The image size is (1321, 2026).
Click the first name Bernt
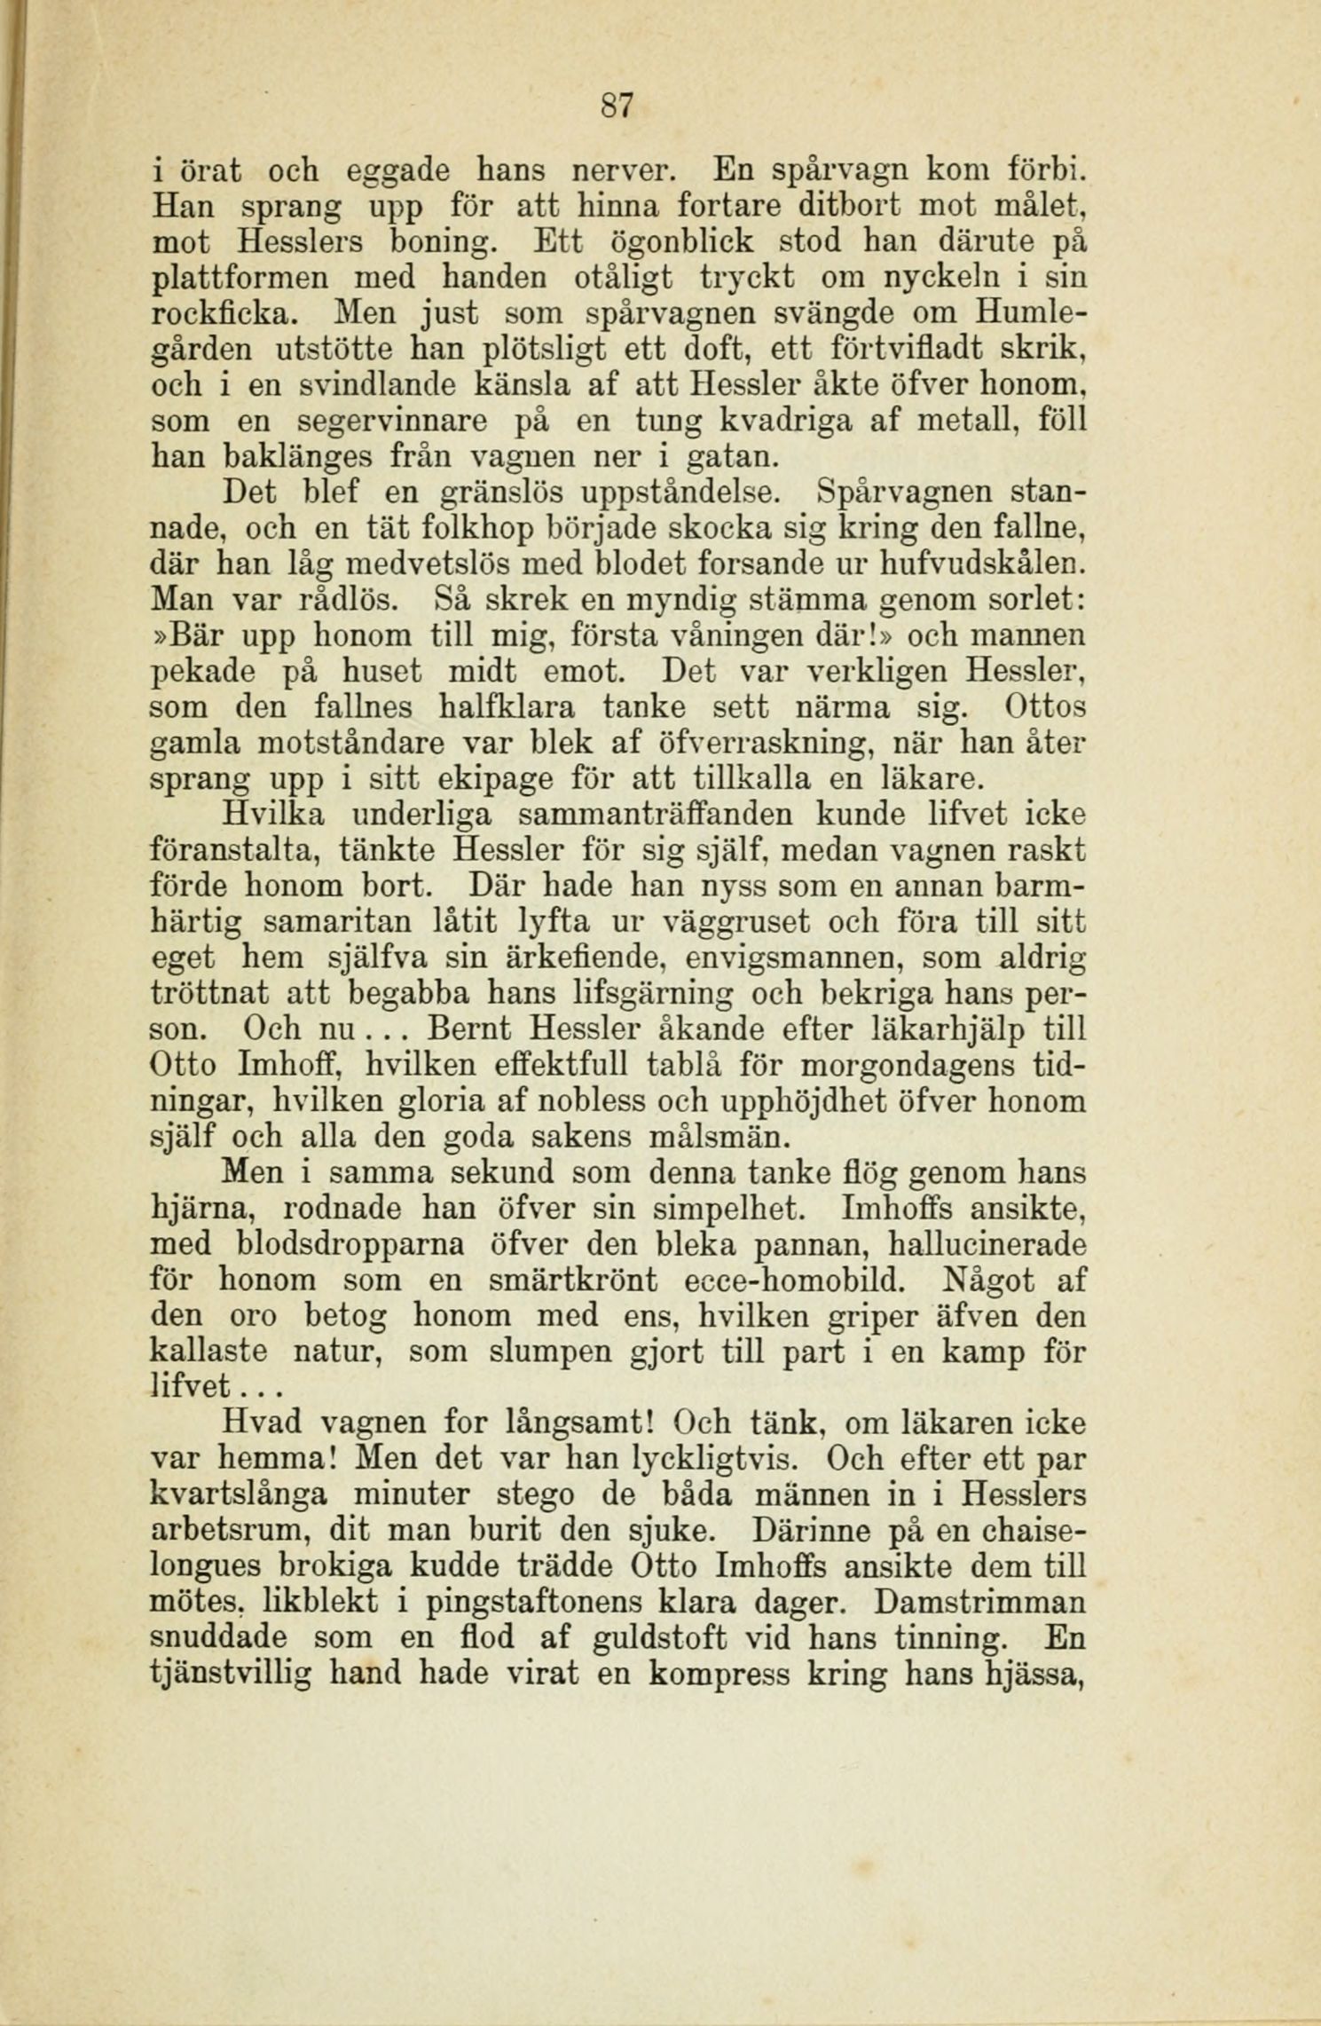(x=469, y=1030)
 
